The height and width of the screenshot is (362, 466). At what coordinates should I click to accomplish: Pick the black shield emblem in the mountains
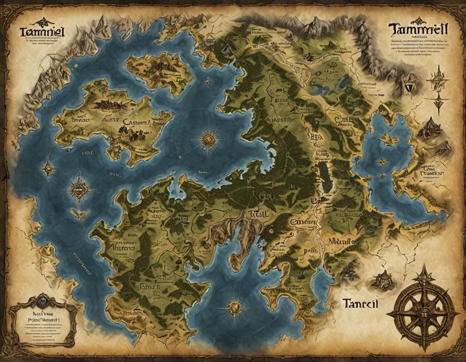coord(409,86)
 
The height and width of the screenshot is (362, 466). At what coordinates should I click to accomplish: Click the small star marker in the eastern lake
coord(381,162)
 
